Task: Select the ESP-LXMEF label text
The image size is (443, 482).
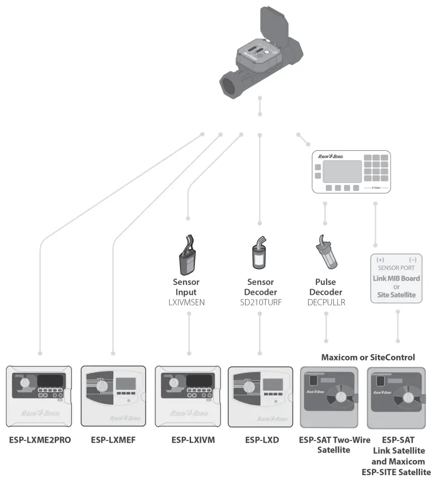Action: click(x=113, y=439)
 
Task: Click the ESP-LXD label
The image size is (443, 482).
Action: click(x=261, y=439)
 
